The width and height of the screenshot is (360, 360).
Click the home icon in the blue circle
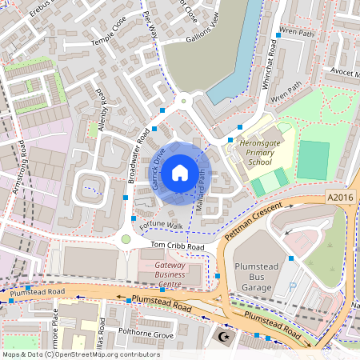[180, 171]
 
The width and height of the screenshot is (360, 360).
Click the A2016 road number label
[339, 197]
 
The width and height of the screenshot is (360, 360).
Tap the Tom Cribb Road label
[173, 247]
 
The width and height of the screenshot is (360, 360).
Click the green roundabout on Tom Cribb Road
[126, 239]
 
